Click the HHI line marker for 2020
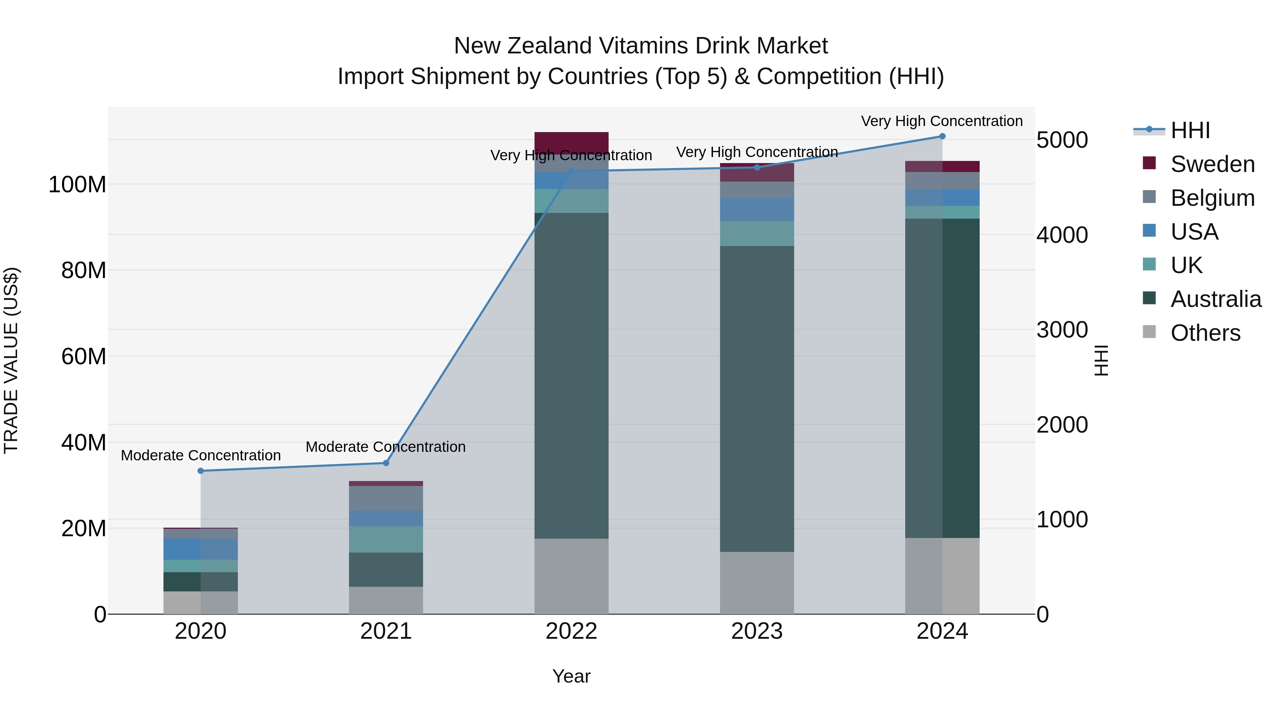click(x=200, y=471)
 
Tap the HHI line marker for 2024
click(x=942, y=136)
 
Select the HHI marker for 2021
click(x=386, y=463)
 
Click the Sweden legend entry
click(x=1212, y=164)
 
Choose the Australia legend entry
click(x=1215, y=299)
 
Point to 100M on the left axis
click(x=77, y=184)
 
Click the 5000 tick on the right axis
click(x=1062, y=140)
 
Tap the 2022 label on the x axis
click(x=571, y=631)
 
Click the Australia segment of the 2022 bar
click(x=571, y=376)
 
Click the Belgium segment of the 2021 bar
click(x=386, y=498)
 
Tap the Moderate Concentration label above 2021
click(x=386, y=447)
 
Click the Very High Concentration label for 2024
click(x=942, y=121)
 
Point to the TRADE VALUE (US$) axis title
click(x=11, y=360)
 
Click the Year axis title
click(x=571, y=676)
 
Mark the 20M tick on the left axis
click(x=83, y=528)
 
